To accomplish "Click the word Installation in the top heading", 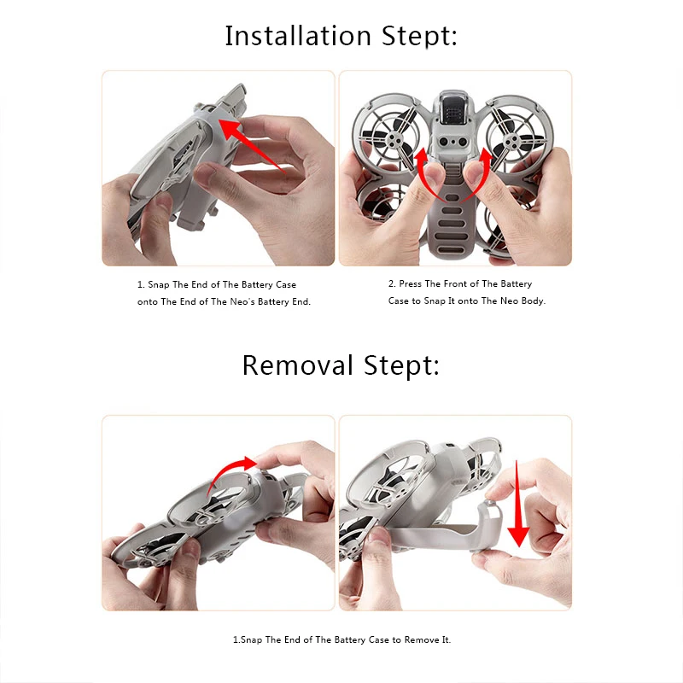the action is click(298, 36).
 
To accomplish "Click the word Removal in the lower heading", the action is click(297, 365).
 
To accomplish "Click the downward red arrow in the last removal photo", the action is click(518, 503).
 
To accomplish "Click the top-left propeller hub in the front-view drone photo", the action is click(394, 140).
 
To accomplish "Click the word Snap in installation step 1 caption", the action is click(159, 285).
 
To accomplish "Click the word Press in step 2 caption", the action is click(411, 284).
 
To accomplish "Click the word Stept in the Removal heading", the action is click(401, 365).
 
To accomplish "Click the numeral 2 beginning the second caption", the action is click(391, 284).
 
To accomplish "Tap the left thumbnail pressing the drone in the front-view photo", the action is click(433, 173).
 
